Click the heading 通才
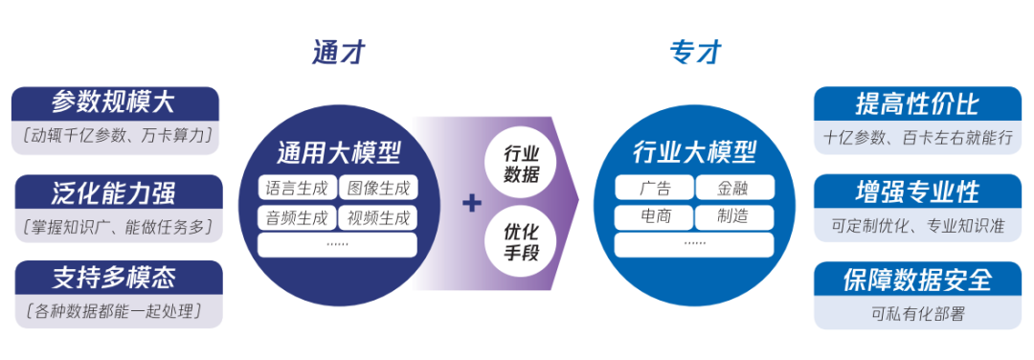pyautogui.click(x=339, y=52)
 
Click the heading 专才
pyautogui.click(x=695, y=52)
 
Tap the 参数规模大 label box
pyautogui.click(x=115, y=102)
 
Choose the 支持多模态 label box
pyautogui.click(x=115, y=279)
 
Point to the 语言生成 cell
pyautogui.click(x=297, y=189)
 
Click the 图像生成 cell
pyautogui.click(x=378, y=189)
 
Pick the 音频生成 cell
pyautogui.click(x=297, y=217)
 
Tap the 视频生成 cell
pyautogui.click(x=378, y=217)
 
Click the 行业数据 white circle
pyautogui.click(x=521, y=163)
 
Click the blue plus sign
pyautogui.click(x=471, y=203)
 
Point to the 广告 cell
pyautogui.click(x=655, y=189)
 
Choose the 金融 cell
pyautogui.click(x=734, y=189)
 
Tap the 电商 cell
pyautogui.click(x=655, y=217)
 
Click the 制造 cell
pyautogui.click(x=734, y=217)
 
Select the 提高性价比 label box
pyautogui.click(x=917, y=103)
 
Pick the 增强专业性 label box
pyautogui.click(x=917, y=191)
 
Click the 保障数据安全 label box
pyautogui.click(x=917, y=280)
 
